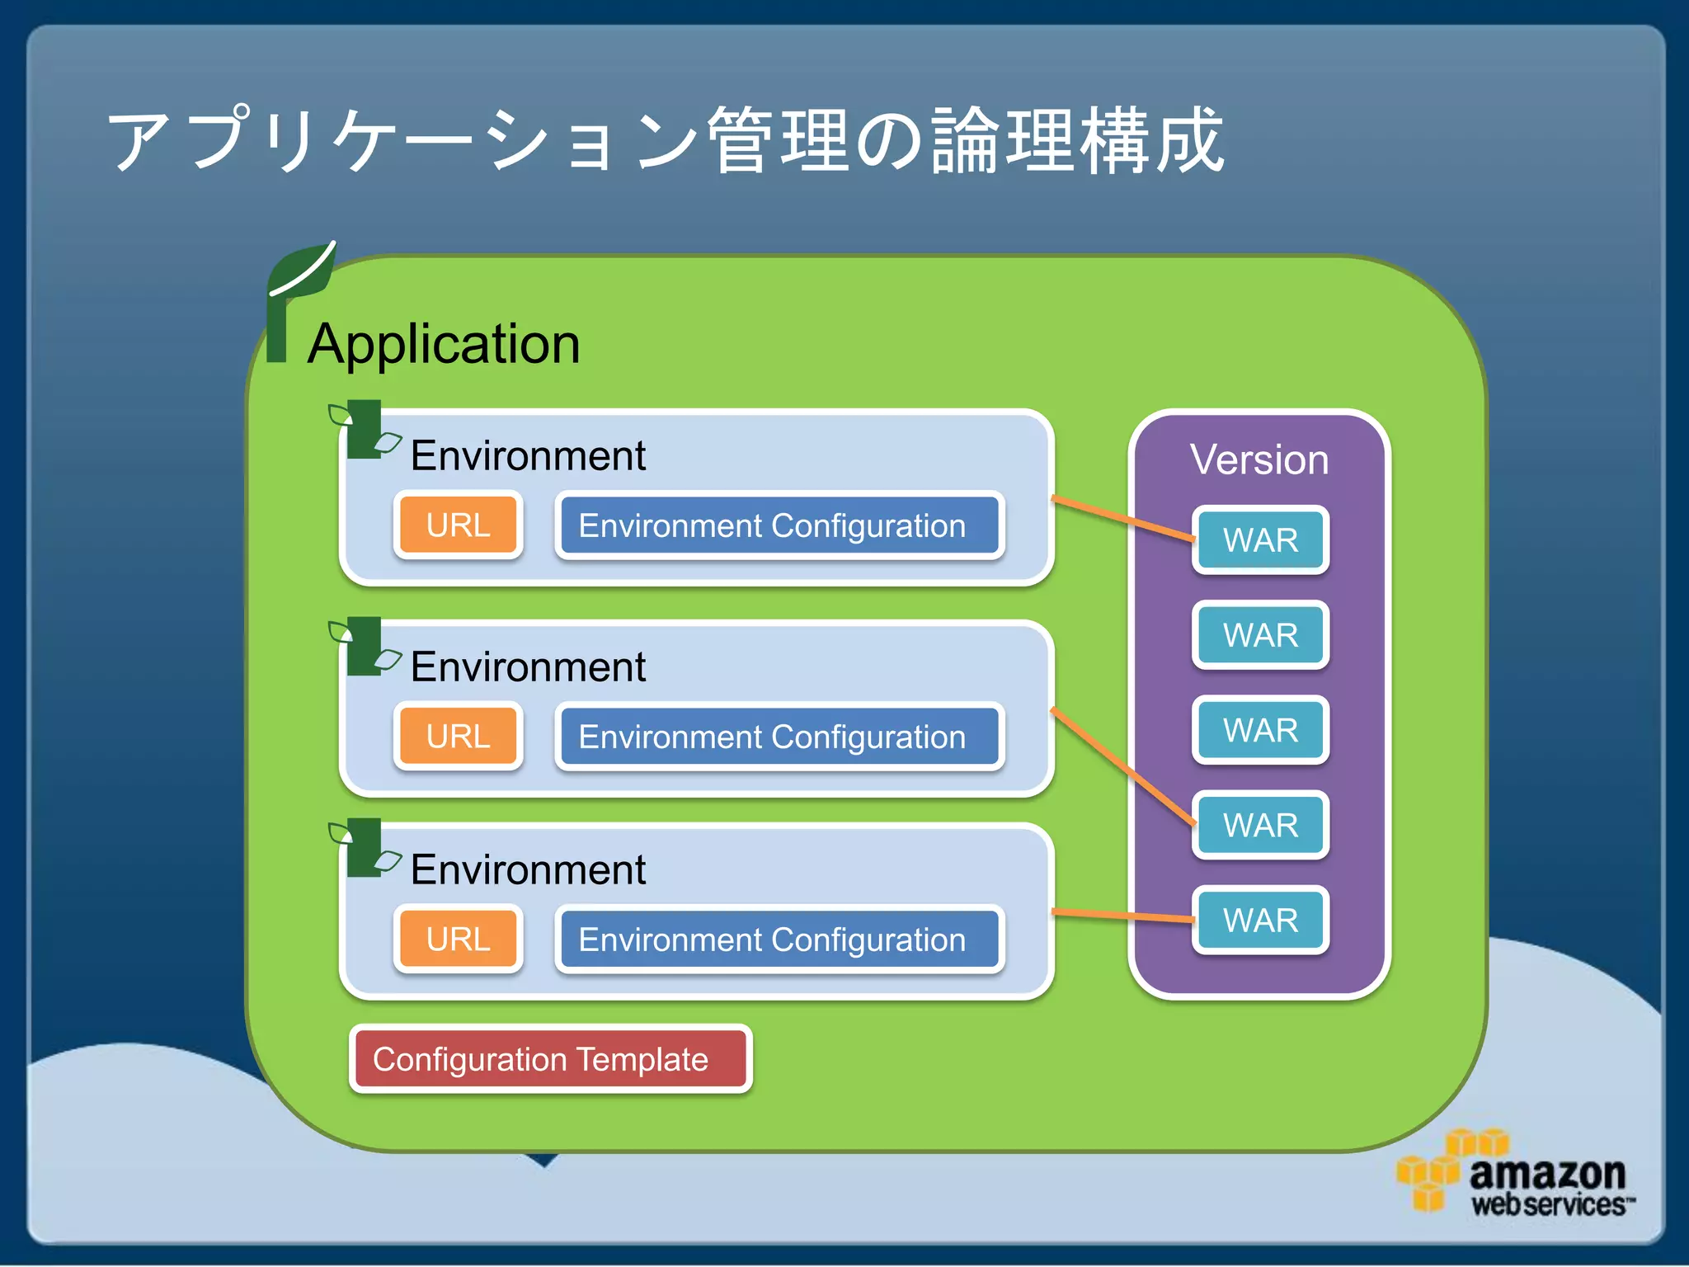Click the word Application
(x=444, y=344)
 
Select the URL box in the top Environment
(x=459, y=525)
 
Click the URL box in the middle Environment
(x=459, y=737)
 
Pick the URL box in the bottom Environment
(x=459, y=940)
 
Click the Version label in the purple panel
(x=1259, y=459)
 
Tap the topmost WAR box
(x=1260, y=540)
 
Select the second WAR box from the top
(x=1260, y=635)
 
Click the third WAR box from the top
(x=1260, y=730)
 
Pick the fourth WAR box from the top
(x=1260, y=825)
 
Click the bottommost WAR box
(x=1260, y=920)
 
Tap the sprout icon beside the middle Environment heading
(x=364, y=646)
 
